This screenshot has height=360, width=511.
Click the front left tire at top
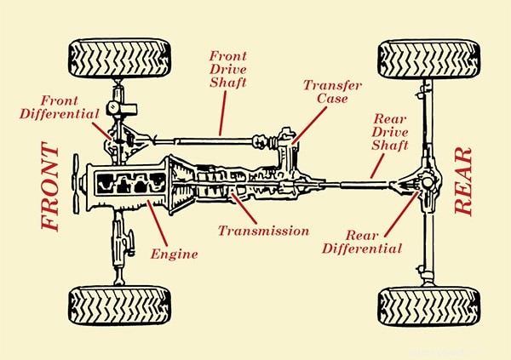click(x=118, y=58)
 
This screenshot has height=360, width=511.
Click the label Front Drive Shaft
click(x=229, y=70)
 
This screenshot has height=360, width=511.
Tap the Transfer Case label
click(x=333, y=91)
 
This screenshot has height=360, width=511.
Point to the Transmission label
click(x=262, y=230)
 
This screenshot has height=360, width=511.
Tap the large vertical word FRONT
click(x=50, y=187)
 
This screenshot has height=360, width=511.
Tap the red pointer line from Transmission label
click(x=242, y=208)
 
